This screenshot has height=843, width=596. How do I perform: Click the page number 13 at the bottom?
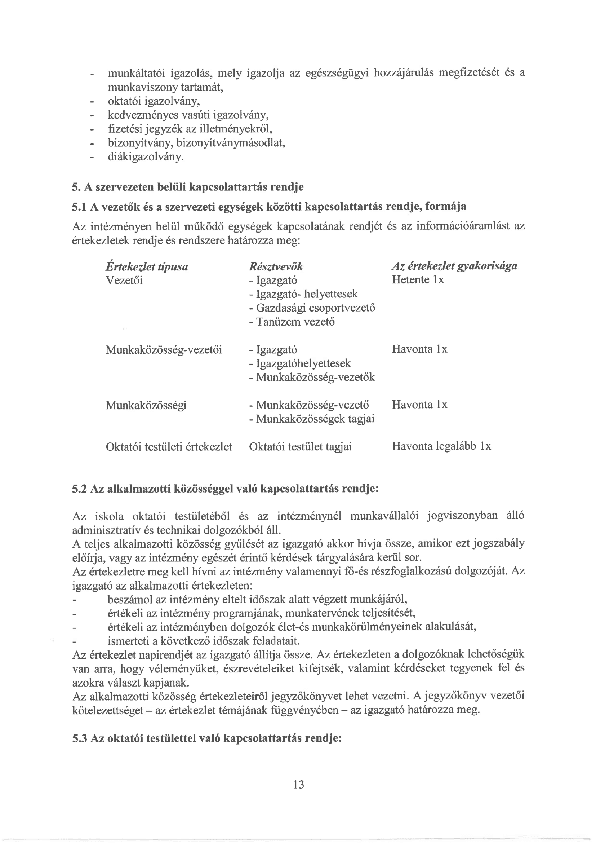[299, 785]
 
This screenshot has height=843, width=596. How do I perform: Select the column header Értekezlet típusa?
[146, 266]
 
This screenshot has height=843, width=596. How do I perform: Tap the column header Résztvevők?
[276, 266]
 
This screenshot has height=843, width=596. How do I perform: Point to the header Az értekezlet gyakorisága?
[454, 266]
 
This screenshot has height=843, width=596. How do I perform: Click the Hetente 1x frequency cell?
[418, 280]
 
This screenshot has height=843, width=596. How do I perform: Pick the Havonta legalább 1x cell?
[441, 446]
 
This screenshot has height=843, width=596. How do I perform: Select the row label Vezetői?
[124, 281]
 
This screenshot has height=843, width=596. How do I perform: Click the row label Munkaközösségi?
[146, 405]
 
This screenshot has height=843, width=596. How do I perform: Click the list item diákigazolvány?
[145, 157]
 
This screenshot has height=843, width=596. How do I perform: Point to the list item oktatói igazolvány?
[154, 101]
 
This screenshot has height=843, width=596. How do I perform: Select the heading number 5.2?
[79, 489]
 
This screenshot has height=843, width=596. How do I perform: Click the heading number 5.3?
[79, 738]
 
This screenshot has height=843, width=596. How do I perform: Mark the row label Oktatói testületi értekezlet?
[169, 447]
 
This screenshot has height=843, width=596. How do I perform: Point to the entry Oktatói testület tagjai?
[300, 447]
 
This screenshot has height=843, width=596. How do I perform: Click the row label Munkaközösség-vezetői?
[164, 349]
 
